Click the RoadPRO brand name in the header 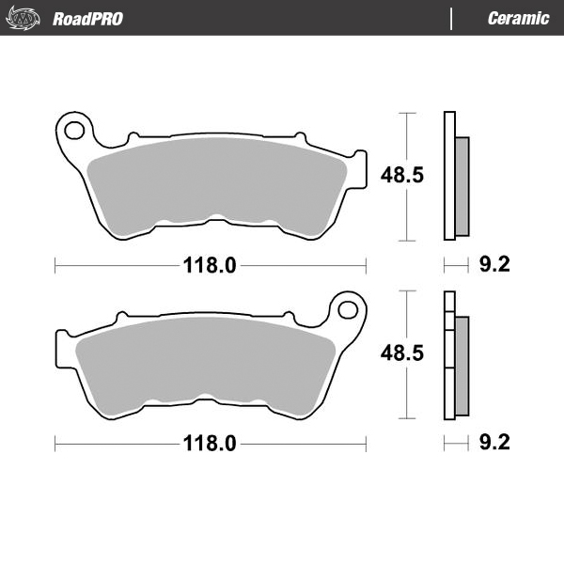coord(87,18)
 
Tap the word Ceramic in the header coord(518,18)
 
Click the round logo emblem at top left coord(27,18)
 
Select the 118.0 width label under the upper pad coord(209,266)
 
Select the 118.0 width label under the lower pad coord(209,444)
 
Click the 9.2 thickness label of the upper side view coord(493,266)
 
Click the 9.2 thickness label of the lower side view coord(493,444)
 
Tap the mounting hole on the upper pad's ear coord(74,127)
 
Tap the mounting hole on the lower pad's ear coord(348,308)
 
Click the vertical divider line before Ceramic coord(452,18)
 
